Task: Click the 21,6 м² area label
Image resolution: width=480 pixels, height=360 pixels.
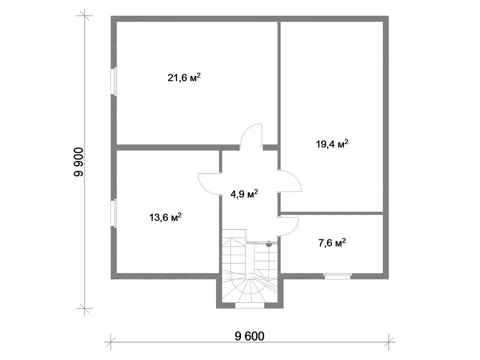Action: [x=184, y=77]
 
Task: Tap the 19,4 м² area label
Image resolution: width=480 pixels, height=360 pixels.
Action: [x=332, y=144]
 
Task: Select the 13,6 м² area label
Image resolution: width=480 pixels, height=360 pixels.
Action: [x=165, y=217]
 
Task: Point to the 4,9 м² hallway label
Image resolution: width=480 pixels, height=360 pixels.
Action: [x=244, y=194]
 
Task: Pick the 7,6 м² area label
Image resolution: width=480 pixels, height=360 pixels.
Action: [x=332, y=243]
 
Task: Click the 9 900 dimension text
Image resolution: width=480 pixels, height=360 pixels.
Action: [x=78, y=162]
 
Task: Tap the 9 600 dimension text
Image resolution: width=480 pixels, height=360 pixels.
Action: [x=249, y=336]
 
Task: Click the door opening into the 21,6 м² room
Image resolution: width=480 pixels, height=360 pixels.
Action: [x=251, y=136]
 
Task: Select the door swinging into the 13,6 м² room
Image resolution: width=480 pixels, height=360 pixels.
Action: [x=209, y=184]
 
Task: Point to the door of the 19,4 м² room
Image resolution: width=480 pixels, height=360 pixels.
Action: [x=290, y=181]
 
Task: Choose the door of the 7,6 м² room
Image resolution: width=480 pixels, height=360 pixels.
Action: [x=288, y=226]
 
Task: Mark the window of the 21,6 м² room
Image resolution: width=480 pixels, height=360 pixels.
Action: [x=115, y=81]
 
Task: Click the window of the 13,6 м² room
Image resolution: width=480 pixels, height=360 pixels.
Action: [x=115, y=213]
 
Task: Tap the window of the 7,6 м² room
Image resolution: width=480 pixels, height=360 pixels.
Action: [x=337, y=276]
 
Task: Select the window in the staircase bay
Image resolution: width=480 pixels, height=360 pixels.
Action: [x=249, y=305]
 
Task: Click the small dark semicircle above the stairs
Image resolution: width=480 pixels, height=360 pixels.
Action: [x=269, y=244]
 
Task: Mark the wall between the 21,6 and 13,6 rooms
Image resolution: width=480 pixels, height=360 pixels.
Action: [x=178, y=147]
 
